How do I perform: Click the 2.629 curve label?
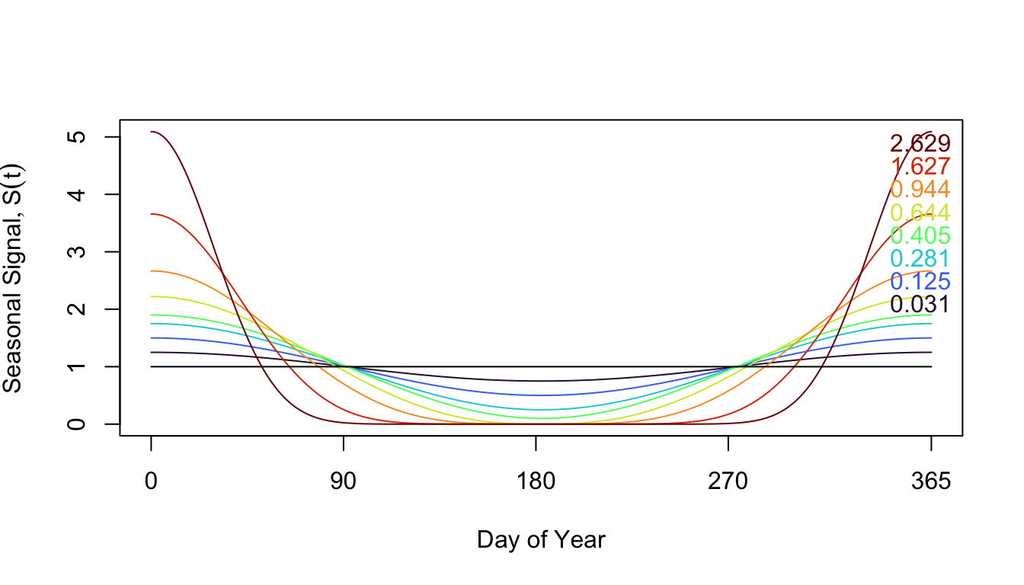tap(920, 143)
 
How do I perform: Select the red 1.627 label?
tap(920, 166)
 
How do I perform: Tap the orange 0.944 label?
tap(920, 189)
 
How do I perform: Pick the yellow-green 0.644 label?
tap(920, 213)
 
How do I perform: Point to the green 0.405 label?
tap(920, 235)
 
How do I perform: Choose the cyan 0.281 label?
tap(920, 258)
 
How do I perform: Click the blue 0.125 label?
tap(920, 281)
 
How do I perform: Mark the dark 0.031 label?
tap(920, 305)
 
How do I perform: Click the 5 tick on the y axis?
tap(77, 137)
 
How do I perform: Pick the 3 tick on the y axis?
tap(77, 251)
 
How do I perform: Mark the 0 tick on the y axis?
tap(77, 424)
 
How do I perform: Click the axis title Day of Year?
tap(541, 540)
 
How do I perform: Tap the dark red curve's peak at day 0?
tap(152, 132)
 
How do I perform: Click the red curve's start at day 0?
tap(152, 214)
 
